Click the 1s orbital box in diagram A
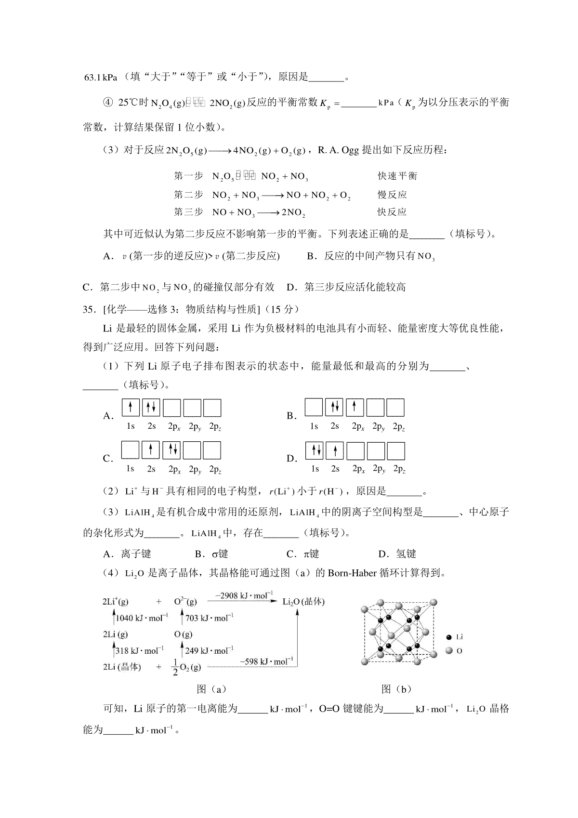pyautogui.click(x=131, y=408)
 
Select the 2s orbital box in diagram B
pyautogui.click(x=334, y=408)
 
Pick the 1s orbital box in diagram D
pyautogui.click(x=315, y=451)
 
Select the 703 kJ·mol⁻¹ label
pyautogui.click(x=210, y=618)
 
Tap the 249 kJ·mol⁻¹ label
pyautogui.click(x=210, y=651)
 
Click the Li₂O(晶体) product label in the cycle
pyautogui.click(x=303, y=602)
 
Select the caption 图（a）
pyautogui.click(x=211, y=689)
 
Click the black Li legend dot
pyautogui.click(x=449, y=637)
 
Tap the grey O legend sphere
pyautogui.click(x=449, y=651)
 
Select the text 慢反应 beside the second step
pyautogui.click(x=392, y=195)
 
